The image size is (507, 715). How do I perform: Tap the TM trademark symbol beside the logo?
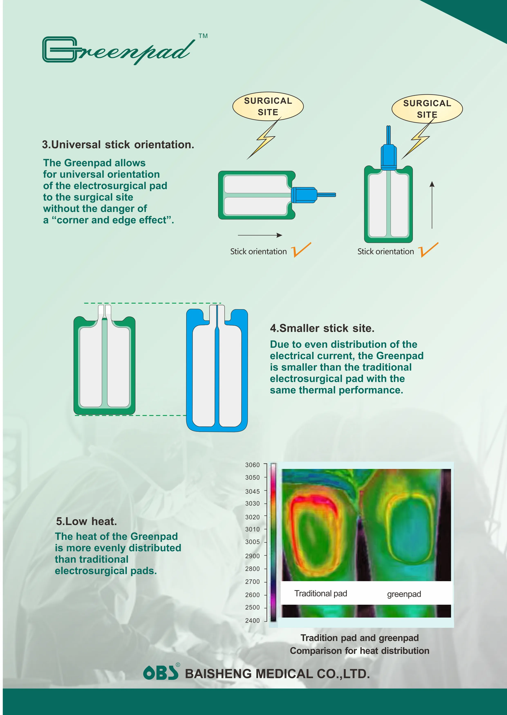(203, 36)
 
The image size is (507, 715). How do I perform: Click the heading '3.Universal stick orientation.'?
(118, 145)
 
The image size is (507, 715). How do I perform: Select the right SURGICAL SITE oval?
(427, 109)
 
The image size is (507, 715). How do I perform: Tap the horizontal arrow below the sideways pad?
(260, 235)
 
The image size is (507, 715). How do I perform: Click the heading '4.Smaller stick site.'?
(322, 328)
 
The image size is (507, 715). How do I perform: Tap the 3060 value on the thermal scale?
(252, 465)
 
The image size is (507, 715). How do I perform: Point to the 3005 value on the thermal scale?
(252, 542)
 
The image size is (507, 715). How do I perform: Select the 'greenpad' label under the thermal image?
(404, 594)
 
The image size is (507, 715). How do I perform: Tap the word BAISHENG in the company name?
(218, 674)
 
